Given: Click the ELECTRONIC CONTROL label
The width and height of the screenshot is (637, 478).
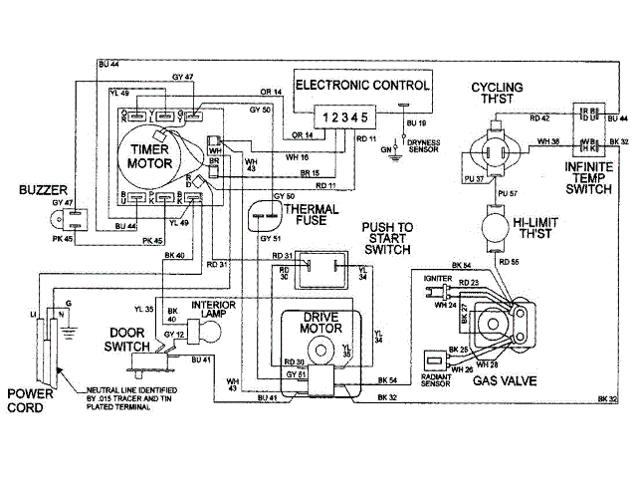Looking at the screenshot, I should pos(362,86).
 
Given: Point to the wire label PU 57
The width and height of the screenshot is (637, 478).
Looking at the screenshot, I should pos(508,191).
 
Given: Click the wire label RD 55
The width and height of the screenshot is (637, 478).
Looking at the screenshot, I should pos(509,261).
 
